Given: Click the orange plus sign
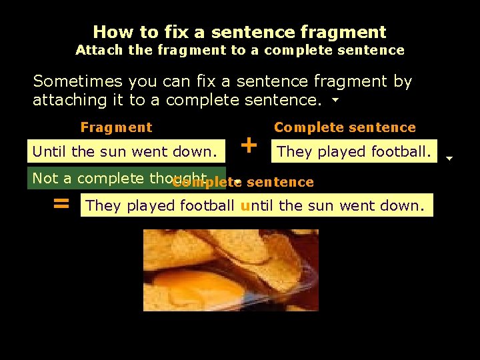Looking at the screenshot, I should [x=249, y=145].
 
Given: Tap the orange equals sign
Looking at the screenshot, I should [x=61, y=204].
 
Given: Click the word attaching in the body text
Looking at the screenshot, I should [x=69, y=101].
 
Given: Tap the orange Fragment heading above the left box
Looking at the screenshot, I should [x=116, y=127].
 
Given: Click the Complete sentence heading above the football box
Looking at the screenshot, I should [x=345, y=127].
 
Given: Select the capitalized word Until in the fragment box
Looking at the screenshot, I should [x=50, y=152].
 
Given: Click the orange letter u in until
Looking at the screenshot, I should [x=245, y=206].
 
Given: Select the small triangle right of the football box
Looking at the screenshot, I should [x=449, y=159].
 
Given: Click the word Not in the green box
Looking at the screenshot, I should [x=45, y=179].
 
